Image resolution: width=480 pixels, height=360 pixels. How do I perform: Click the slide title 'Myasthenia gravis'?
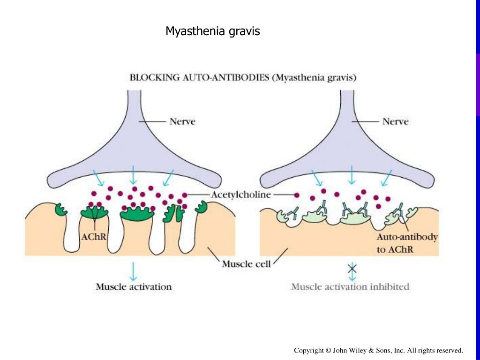coord(212,31)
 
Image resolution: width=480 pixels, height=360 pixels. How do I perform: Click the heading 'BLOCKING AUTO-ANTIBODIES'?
coord(199,78)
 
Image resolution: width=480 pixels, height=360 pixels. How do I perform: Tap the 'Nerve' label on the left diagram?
coord(182,121)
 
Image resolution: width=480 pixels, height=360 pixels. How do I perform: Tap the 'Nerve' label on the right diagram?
coord(395,121)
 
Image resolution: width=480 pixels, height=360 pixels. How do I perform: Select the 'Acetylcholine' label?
coord(241,195)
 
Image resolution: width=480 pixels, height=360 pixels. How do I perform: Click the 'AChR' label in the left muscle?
coord(94,237)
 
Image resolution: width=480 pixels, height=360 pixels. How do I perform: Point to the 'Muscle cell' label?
coord(246,264)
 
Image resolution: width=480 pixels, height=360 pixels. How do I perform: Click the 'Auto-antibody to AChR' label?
coord(407,243)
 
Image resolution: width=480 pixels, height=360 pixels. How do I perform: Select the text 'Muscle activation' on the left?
coord(134,286)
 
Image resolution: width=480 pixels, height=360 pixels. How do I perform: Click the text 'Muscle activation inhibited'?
coord(350,286)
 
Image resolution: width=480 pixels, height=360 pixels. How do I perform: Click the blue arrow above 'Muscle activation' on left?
coord(134,270)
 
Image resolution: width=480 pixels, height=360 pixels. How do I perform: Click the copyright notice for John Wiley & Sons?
coord(378,350)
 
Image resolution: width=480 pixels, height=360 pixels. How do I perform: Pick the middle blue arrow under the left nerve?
coord(134,174)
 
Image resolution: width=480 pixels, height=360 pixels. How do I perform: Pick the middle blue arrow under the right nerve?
coord(352,174)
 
